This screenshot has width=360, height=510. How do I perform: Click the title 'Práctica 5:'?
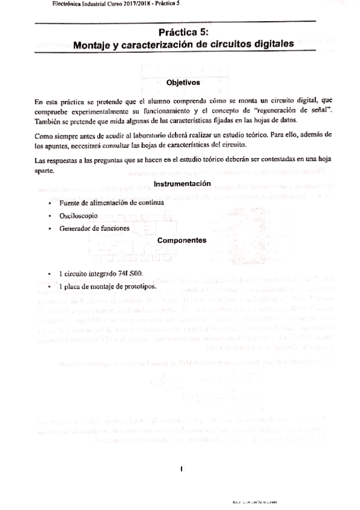pyautogui.click(x=183, y=32)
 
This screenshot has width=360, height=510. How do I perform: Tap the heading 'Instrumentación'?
pyautogui.click(x=182, y=183)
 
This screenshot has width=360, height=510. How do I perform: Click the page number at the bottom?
pyautogui.click(x=181, y=468)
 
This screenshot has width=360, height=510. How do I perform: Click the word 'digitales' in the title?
pyautogui.click(x=272, y=44)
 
